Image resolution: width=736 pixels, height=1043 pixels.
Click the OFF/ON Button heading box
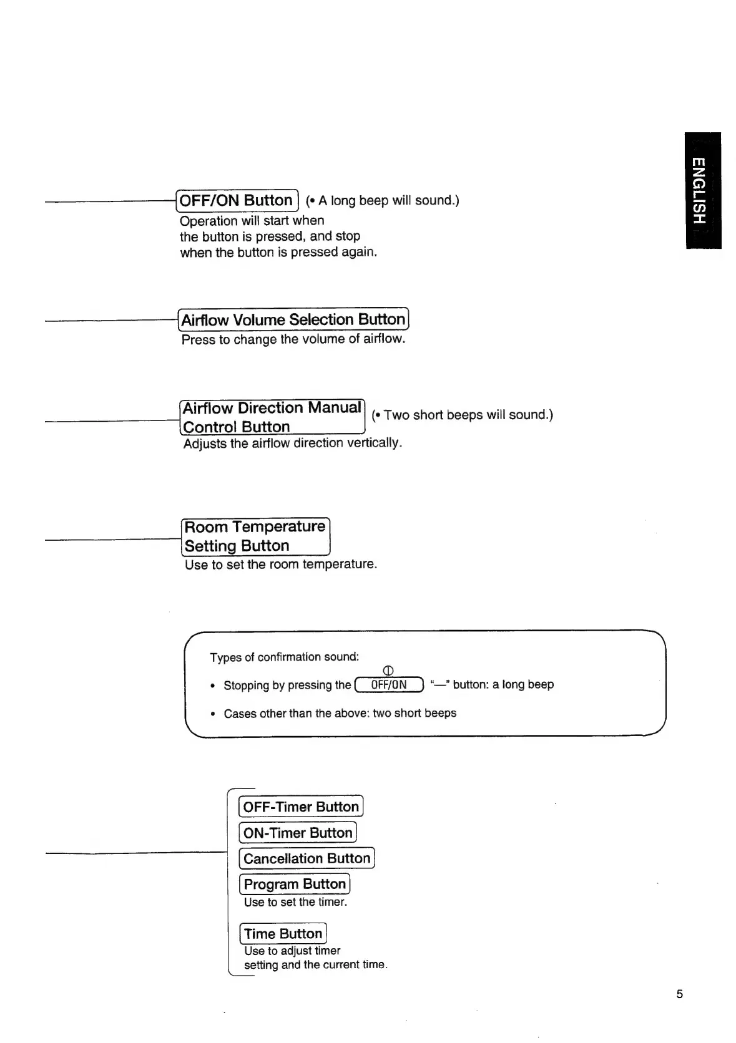pos(237,200)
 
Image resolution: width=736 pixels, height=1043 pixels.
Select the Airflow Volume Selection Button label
pos(293,320)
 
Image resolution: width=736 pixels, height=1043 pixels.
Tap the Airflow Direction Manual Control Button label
pos(272,417)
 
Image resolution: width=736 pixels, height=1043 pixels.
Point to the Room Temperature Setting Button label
pos(255,536)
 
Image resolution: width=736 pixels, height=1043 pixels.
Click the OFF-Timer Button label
pos(301,807)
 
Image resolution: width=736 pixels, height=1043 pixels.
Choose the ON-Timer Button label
pos(298,833)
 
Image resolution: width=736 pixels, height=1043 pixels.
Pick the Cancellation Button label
pos(307,858)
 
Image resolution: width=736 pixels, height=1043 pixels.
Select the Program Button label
pos(295,884)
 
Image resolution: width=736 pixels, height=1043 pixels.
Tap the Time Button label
pos(283,934)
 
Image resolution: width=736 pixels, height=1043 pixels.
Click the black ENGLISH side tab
pos(702,190)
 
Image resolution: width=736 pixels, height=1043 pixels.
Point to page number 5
pos(680,994)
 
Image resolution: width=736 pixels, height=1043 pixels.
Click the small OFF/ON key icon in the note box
pos(388,685)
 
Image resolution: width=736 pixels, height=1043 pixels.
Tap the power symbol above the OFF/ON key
pos(388,671)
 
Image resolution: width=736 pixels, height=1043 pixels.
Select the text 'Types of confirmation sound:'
pos(285,657)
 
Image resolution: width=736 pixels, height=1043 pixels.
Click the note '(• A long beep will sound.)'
pos(382,200)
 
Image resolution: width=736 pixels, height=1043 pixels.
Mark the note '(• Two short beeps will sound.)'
pos(462,415)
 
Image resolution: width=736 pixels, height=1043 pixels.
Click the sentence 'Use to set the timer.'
pos(295,902)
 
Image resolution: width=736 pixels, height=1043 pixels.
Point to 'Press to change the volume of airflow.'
pos(293,339)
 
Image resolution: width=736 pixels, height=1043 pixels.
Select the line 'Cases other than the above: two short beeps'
pos(340,713)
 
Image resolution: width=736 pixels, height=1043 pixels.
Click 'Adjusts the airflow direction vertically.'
pos(293,443)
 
